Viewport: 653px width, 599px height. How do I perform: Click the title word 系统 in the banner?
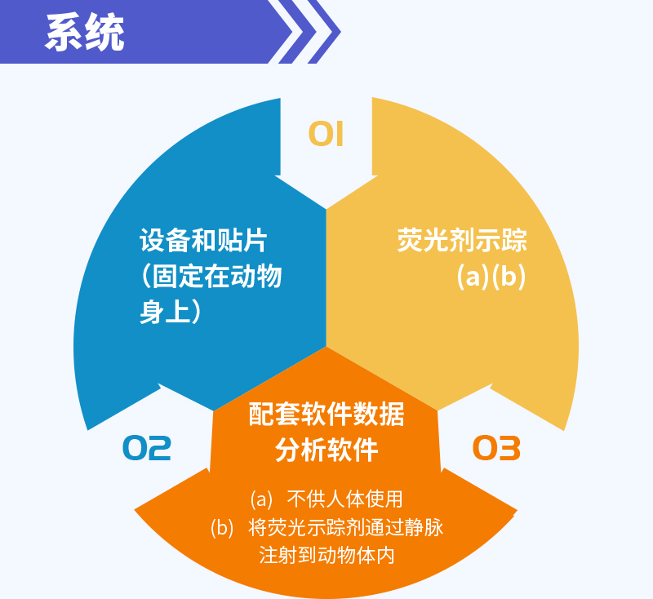pyautogui.click(x=85, y=33)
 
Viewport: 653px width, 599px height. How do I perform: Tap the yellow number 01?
pyautogui.click(x=326, y=134)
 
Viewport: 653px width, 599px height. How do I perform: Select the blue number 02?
pyautogui.click(x=147, y=448)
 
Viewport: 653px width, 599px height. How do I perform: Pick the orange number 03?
pyautogui.click(x=496, y=448)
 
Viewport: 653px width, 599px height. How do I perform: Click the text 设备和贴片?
pyautogui.click(x=202, y=240)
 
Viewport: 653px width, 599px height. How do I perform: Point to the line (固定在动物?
pyautogui.click(x=211, y=276)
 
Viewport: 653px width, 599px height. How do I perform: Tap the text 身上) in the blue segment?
pyautogui.click(x=171, y=312)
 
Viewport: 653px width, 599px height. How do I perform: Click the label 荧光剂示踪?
pyautogui.click(x=462, y=240)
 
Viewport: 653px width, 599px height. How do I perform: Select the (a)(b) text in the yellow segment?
pyautogui.click(x=491, y=277)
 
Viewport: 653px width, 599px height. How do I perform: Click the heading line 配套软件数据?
pyautogui.click(x=326, y=415)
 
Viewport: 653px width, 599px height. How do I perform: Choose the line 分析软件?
pyautogui.click(x=326, y=450)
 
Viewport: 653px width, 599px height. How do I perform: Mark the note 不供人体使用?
pyautogui.click(x=344, y=499)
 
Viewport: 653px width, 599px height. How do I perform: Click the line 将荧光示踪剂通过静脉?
pyautogui.click(x=345, y=527)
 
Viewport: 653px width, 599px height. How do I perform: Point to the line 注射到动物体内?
pyautogui.click(x=326, y=555)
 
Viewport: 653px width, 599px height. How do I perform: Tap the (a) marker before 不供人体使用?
pyautogui.click(x=261, y=499)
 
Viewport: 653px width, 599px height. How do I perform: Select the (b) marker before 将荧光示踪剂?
pyautogui.click(x=222, y=528)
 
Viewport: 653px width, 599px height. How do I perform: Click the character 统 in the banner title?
pyautogui.click(x=104, y=33)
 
